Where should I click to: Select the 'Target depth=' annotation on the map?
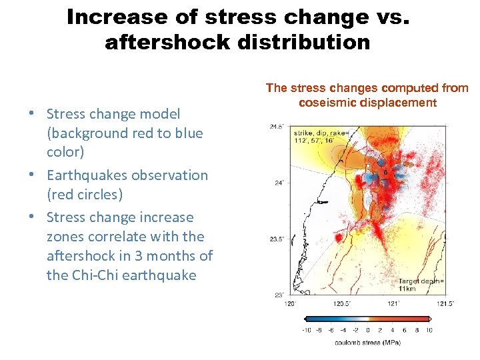(x=421, y=281)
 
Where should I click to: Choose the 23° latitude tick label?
(x=279, y=295)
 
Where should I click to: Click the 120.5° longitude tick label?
(x=342, y=303)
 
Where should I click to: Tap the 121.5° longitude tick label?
(x=445, y=303)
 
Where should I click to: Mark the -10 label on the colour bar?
(x=306, y=330)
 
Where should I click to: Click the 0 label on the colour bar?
(x=368, y=330)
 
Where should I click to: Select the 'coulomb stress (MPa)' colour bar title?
(x=367, y=343)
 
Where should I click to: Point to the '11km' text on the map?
(x=408, y=289)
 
